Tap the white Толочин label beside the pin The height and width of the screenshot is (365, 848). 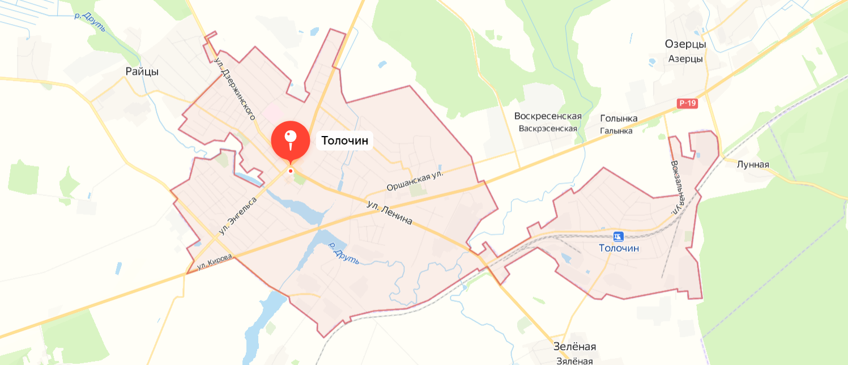345,140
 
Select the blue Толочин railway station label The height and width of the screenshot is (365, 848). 619,248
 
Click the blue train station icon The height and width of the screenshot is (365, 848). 619,236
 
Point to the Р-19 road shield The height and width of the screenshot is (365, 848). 688,103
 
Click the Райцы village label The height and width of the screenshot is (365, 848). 142,71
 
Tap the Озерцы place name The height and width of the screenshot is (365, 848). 685,44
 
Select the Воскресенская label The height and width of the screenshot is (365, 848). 548,116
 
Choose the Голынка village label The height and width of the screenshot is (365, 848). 619,118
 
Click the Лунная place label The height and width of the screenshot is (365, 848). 753,164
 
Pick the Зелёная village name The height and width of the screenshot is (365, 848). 574,346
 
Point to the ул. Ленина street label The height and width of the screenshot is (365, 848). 390,213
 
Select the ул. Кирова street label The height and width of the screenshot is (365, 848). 215,261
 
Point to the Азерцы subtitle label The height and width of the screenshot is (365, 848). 685,59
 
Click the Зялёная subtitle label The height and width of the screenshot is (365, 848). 574,360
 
